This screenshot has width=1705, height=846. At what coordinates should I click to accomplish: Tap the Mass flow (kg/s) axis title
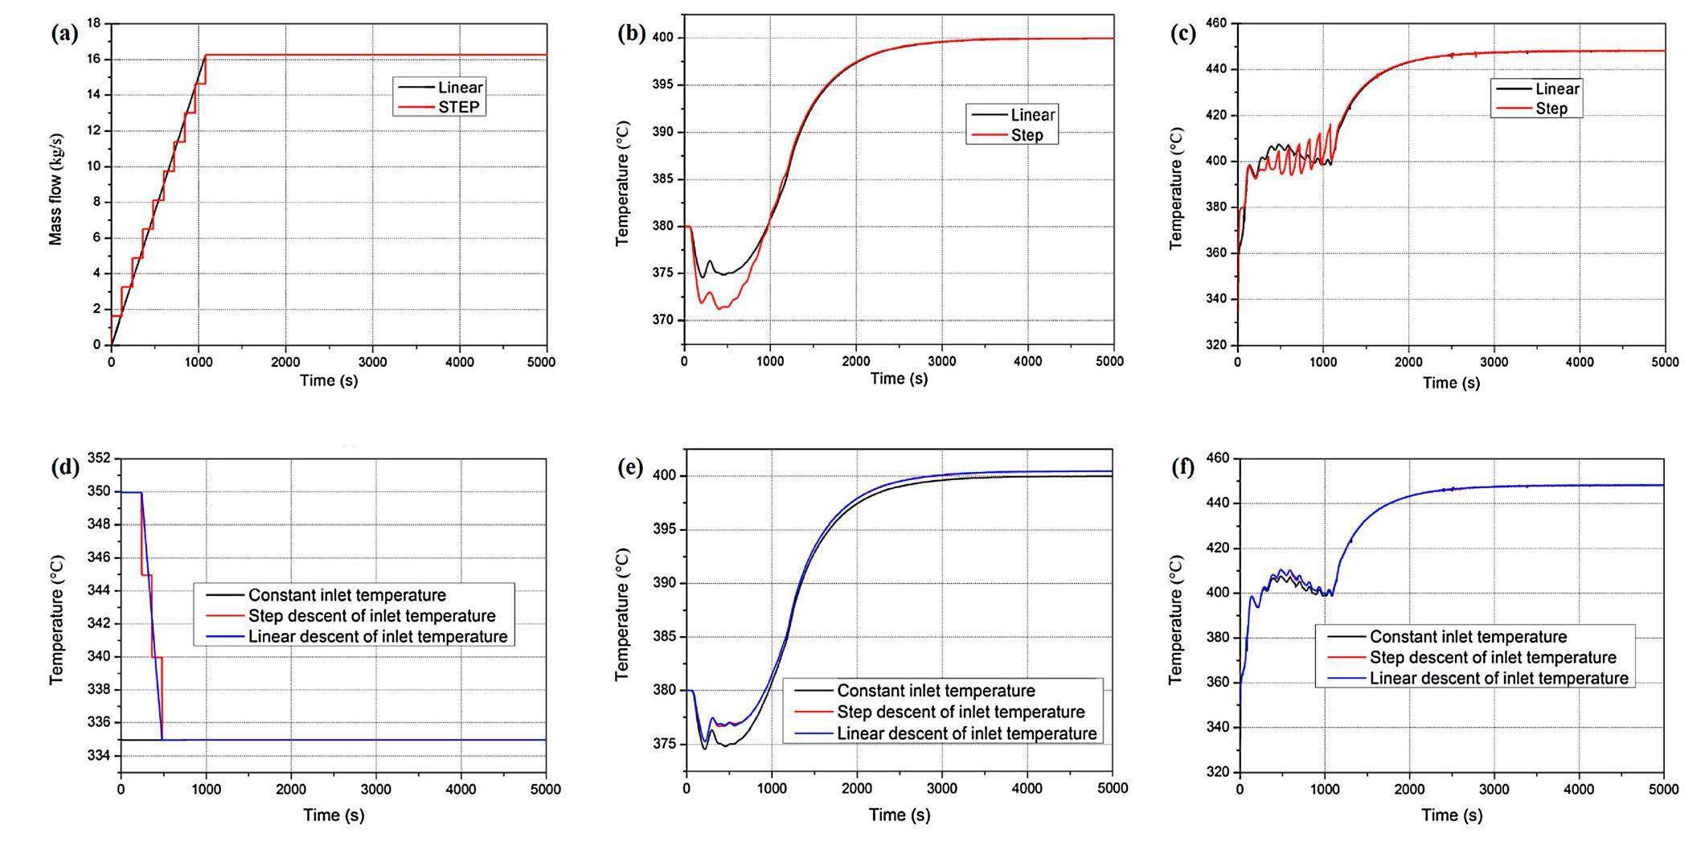tap(55, 190)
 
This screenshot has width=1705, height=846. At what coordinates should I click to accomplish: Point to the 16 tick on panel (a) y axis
tap(94, 60)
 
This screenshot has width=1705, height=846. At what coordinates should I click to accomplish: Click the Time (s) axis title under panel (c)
tap(1451, 383)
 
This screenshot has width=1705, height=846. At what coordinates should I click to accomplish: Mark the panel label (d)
tap(64, 468)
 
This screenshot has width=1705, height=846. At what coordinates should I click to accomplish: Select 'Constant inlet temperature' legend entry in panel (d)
tap(346, 596)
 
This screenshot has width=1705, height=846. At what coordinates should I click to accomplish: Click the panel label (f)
tap(1182, 468)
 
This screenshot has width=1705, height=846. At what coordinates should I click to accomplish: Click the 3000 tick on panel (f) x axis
tap(1494, 790)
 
